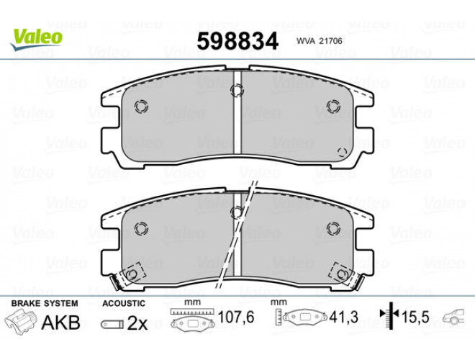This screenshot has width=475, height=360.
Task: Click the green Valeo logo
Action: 37,40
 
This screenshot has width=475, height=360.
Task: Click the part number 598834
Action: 237,42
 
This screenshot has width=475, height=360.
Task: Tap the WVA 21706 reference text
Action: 320,41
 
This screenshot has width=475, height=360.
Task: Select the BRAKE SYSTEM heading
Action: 45,303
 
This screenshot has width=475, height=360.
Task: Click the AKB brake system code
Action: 60,323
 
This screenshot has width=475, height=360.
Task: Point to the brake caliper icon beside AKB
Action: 20,322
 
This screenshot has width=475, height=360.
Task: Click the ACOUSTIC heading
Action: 124,303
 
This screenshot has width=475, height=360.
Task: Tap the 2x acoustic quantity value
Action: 137,324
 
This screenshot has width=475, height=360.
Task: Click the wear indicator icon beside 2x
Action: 112,324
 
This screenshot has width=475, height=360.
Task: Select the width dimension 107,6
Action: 236,318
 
